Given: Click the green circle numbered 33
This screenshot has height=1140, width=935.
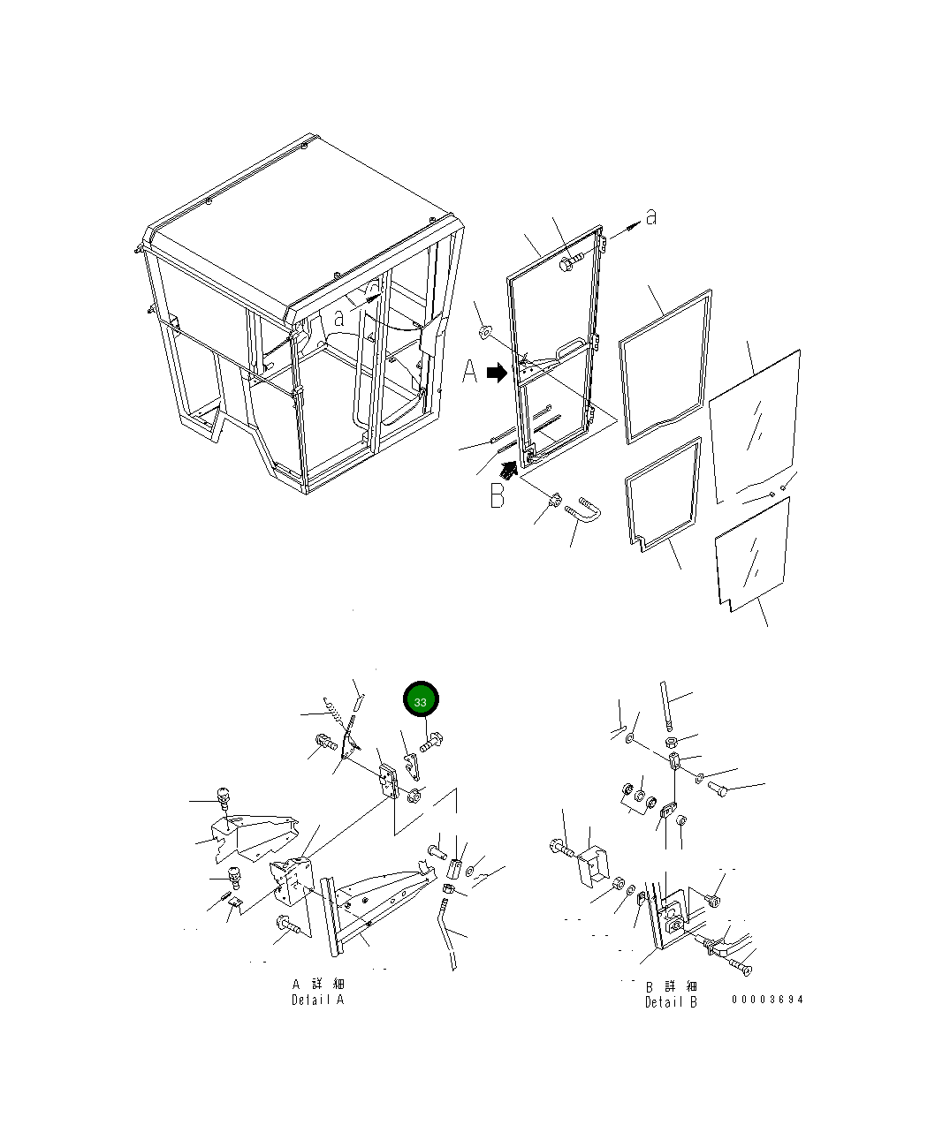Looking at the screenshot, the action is (421, 698).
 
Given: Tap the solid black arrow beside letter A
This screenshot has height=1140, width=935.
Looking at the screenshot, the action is (497, 373).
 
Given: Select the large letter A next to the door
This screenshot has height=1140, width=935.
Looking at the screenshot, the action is (469, 372).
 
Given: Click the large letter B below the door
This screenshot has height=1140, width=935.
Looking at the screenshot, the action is (497, 495).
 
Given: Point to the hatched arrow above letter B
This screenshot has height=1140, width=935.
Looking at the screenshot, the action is (508, 469).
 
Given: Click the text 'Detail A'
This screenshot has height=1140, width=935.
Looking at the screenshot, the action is (317, 1000).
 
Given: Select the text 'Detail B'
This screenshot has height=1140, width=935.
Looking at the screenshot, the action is (671, 1001).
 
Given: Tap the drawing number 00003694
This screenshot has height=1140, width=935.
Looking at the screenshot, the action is (767, 1000).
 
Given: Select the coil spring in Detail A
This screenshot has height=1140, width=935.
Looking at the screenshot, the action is (334, 712).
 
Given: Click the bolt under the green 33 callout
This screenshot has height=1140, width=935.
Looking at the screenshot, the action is (431, 741).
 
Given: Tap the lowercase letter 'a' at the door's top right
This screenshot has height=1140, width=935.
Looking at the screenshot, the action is (651, 216).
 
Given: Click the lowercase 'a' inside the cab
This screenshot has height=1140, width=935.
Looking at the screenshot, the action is (338, 318).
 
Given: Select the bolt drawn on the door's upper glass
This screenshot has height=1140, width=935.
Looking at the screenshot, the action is (571, 262).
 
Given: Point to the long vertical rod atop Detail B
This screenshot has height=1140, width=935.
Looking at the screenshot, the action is (666, 705).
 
